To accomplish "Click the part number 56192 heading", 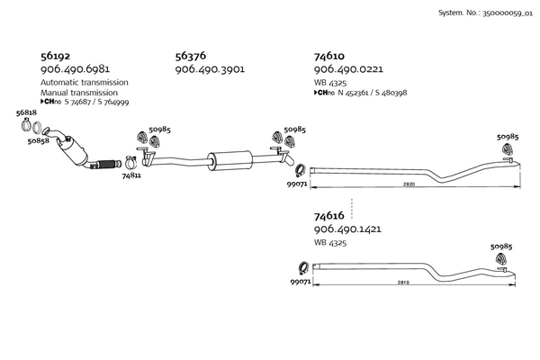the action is tap(55, 56).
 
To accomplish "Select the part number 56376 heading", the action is tap(191, 56).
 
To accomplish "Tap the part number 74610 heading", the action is tap(328, 56).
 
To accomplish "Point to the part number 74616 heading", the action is tap(328, 216).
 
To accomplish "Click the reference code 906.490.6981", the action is tap(75, 69).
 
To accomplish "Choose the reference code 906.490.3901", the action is tap(210, 69).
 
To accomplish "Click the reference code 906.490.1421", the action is tap(347, 229).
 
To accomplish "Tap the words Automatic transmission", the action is tap(85, 82).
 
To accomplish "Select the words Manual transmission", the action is tap(79, 93).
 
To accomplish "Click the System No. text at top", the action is tap(485, 13).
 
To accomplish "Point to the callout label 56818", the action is tap(26, 112).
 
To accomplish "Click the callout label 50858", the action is tap(38, 141).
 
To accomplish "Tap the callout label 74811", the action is tap(131, 175).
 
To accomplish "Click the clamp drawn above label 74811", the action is tap(130, 163).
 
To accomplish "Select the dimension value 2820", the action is tap(409, 184).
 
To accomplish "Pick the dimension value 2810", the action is tap(403, 283).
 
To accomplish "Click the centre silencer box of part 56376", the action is tap(229, 160).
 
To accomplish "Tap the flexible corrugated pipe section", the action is tap(107, 165).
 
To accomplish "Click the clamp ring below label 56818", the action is tap(26, 124).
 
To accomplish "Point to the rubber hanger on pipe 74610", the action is tap(507, 148).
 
